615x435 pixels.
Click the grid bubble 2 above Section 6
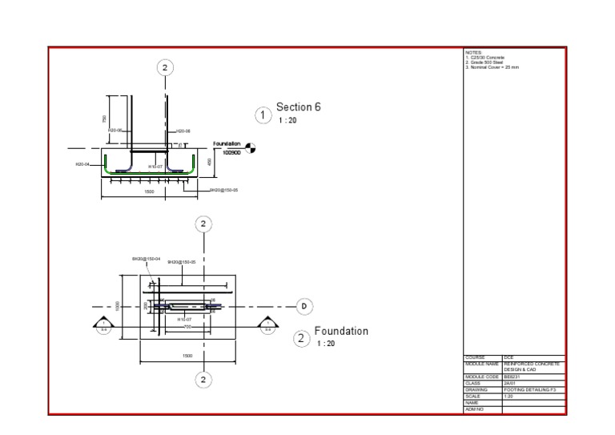click(x=165, y=67)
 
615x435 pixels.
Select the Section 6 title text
click(x=299, y=107)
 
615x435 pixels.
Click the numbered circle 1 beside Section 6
click(x=263, y=115)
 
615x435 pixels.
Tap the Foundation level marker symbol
click(x=250, y=147)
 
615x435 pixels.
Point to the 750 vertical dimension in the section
click(x=104, y=119)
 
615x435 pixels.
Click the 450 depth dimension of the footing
click(x=209, y=162)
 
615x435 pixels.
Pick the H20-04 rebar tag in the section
click(x=82, y=164)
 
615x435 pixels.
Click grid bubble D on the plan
click(x=304, y=306)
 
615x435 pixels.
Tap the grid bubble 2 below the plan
click(x=204, y=379)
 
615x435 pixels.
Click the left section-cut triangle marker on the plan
click(x=103, y=323)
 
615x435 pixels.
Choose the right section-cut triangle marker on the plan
click(x=267, y=323)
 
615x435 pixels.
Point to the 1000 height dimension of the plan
click(x=117, y=306)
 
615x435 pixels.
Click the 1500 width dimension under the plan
click(x=187, y=356)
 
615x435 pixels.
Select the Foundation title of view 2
click(x=341, y=331)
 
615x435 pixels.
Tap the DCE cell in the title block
click(x=508, y=357)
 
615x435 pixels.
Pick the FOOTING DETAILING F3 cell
click(x=529, y=389)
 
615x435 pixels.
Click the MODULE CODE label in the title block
click(x=482, y=377)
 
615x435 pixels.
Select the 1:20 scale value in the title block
click(x=509, y=396)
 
